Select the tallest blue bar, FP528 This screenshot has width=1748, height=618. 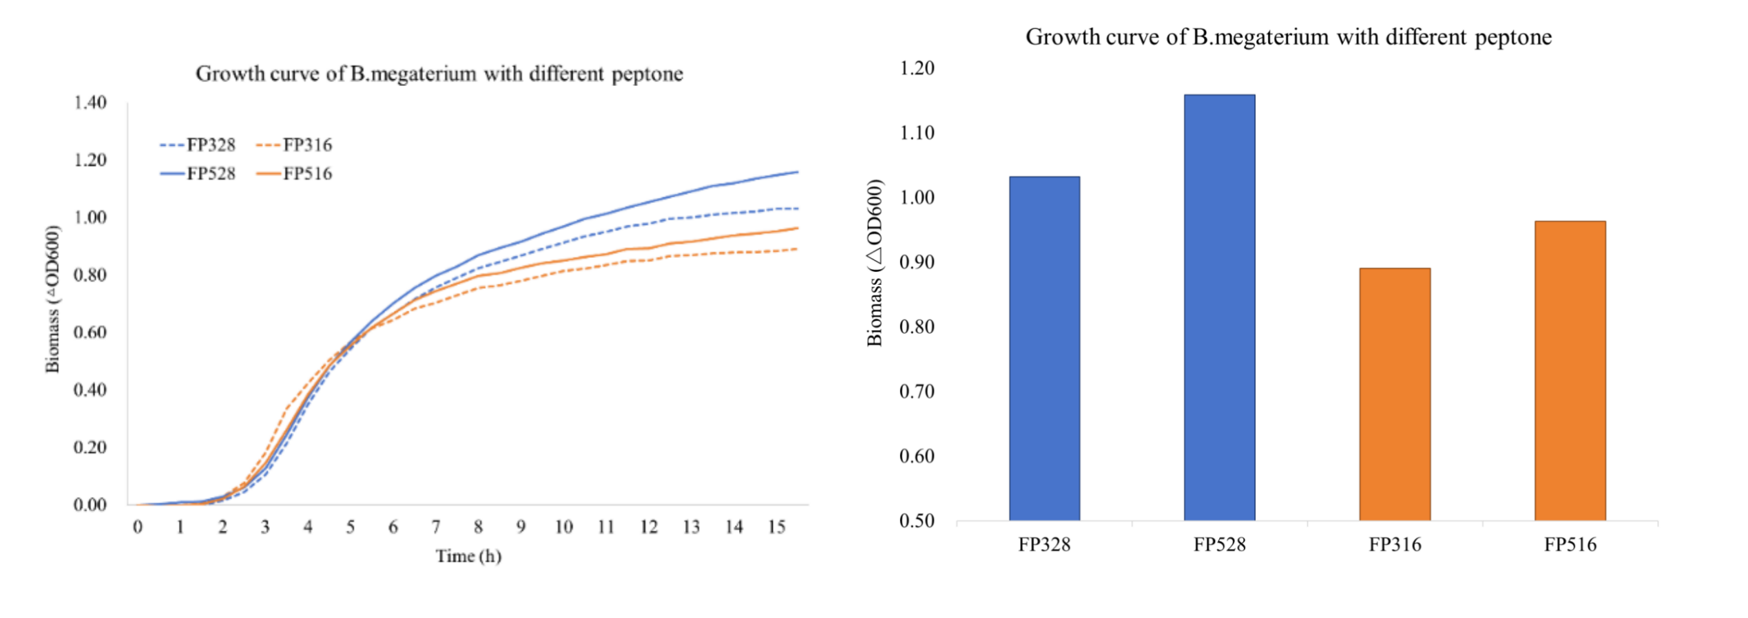[1219, 307]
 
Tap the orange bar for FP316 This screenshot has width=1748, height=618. [1395, 394]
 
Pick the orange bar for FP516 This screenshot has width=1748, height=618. [1570, 370]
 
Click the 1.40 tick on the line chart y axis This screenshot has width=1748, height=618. [90, 103]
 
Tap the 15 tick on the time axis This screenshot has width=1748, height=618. [777, 527]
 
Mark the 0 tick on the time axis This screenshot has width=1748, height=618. [138, 527]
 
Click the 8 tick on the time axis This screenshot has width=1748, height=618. [478, 527]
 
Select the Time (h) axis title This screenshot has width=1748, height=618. [468, 556]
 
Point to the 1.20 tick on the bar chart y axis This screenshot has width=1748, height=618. [917, 68]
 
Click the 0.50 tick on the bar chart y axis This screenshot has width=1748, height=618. [917, 521]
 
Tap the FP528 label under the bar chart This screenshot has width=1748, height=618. [1219, 545]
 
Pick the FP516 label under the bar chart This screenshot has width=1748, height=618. [1570, 545]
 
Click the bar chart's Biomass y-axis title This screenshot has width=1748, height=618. [875, 263]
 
